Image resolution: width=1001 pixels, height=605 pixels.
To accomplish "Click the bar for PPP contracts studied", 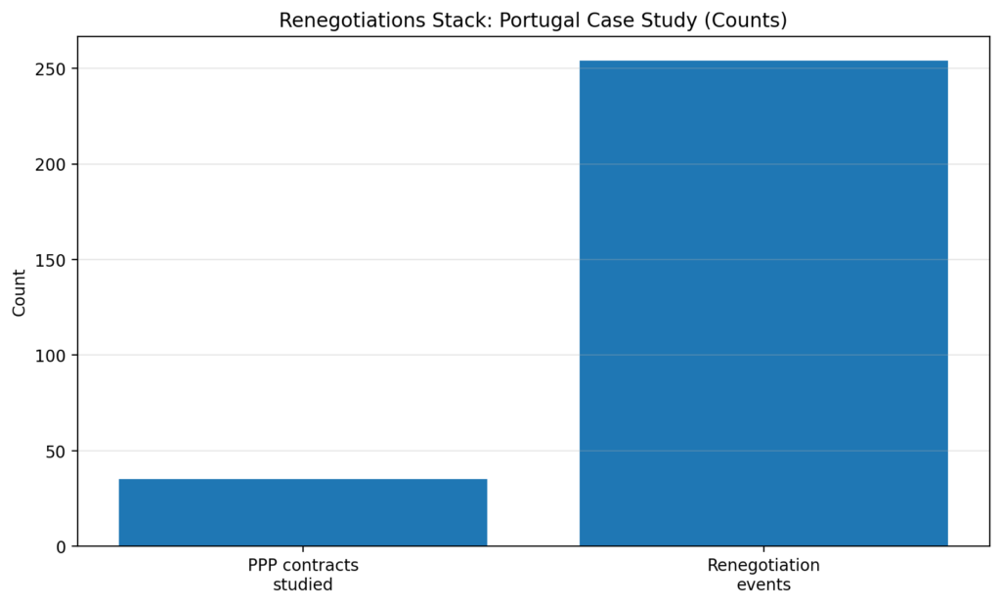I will [303, 512].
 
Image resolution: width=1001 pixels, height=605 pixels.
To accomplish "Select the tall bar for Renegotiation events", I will [763, 303].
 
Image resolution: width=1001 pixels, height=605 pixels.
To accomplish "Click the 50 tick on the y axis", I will [59, 452].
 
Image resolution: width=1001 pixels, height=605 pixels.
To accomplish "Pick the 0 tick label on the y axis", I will [62, 546].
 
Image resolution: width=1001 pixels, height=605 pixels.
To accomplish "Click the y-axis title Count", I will [20, 292].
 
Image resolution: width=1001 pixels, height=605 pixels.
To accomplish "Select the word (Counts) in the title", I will [752, 20].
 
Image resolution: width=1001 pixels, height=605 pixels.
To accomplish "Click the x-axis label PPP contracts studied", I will [303, 575].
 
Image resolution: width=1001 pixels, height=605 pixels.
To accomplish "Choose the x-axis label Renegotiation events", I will [763, 575].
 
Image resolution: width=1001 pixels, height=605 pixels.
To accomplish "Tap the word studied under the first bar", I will [303, 584].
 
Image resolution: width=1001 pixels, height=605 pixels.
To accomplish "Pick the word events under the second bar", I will [763, 584].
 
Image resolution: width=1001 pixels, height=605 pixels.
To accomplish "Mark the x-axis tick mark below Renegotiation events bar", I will [763, 549].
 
